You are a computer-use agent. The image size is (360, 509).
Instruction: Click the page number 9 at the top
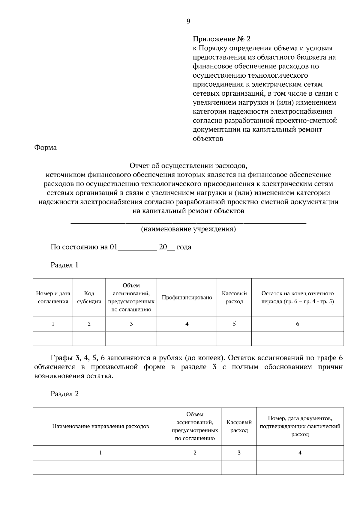coord(188,21)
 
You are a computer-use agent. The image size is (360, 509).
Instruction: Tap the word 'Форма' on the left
coord(45,148)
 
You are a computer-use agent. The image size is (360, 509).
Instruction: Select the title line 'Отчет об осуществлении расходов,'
coord(188,166)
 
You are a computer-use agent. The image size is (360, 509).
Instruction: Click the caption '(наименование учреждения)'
coord(188,229)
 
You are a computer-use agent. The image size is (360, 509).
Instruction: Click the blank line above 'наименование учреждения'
coord(188,222)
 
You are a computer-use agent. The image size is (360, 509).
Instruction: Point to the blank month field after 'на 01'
coord(137,248)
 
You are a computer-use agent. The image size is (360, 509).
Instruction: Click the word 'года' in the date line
coord(184,247)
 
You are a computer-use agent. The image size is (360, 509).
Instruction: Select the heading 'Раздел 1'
coord(64,265)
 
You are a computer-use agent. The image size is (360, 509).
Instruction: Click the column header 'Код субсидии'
coord(89,297)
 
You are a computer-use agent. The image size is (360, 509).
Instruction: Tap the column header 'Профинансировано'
coord(187,297)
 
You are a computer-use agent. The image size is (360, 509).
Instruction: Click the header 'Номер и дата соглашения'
coord(53,297)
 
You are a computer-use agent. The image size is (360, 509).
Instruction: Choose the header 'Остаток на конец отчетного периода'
coord(297,297)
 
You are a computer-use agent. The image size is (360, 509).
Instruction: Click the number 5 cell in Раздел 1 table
coord(234,324)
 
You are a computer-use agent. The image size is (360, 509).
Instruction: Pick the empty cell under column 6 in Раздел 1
coord(297,338)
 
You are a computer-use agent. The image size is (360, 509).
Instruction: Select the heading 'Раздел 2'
coord(64,394)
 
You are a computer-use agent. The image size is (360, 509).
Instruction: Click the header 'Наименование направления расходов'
coord(100,426)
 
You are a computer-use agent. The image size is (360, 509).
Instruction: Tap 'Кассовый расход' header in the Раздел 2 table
coord(239,426)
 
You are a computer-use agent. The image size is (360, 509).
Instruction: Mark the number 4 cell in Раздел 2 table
coord(300,453)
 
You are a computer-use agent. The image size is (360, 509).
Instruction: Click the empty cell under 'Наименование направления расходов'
coord(100,467)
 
